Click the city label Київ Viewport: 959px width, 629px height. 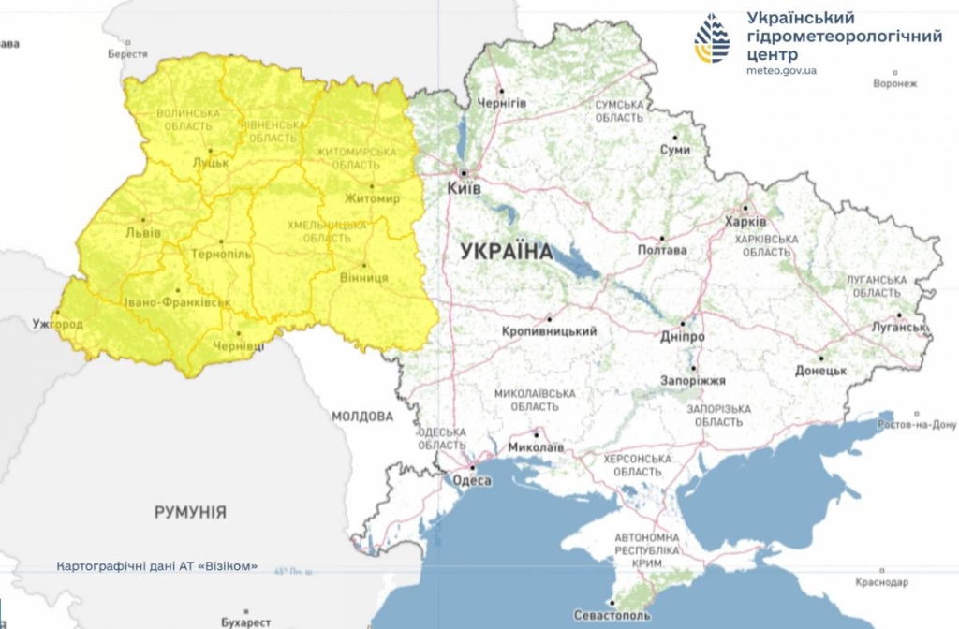464,189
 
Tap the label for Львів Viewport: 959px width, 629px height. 142,232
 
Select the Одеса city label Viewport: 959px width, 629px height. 472,480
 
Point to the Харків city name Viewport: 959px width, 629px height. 745,222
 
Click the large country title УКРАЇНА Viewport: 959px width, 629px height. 507,251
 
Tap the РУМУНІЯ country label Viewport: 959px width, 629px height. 190,512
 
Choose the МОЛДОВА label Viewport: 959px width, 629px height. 362,416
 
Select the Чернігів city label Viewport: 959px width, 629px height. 502,103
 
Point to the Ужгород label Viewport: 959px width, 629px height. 58,324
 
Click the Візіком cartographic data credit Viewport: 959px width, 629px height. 156,567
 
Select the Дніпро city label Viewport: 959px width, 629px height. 684,337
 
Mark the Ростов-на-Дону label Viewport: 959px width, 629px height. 915,425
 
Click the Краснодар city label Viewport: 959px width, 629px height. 881,582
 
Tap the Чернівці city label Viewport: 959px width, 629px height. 239,346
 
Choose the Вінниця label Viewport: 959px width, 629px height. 365,278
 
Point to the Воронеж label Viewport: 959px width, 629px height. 894,83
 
